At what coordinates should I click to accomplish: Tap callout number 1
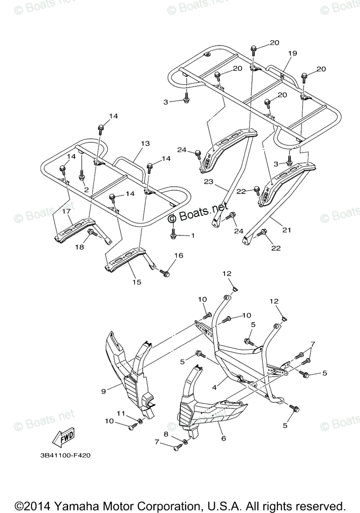pyautogui.click(x=192, y=236)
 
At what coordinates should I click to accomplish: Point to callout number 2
pyautogui.click(x=86, y=189)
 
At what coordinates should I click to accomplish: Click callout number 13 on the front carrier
pyautogui.click(x=145, y=144)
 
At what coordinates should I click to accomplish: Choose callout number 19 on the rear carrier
pyautogui.click(x=292, y=54)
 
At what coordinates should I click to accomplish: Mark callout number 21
pyautogui.click(x=286, y=230)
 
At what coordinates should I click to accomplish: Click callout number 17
pyautogui.click(x=67, y=211)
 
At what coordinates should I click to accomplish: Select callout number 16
pyautogui.click(x=178, y=256)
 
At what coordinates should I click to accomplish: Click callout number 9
pyautogui.click(x=103, y=391)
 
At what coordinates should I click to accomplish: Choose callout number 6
pyautogui.click(x=224, y=438)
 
